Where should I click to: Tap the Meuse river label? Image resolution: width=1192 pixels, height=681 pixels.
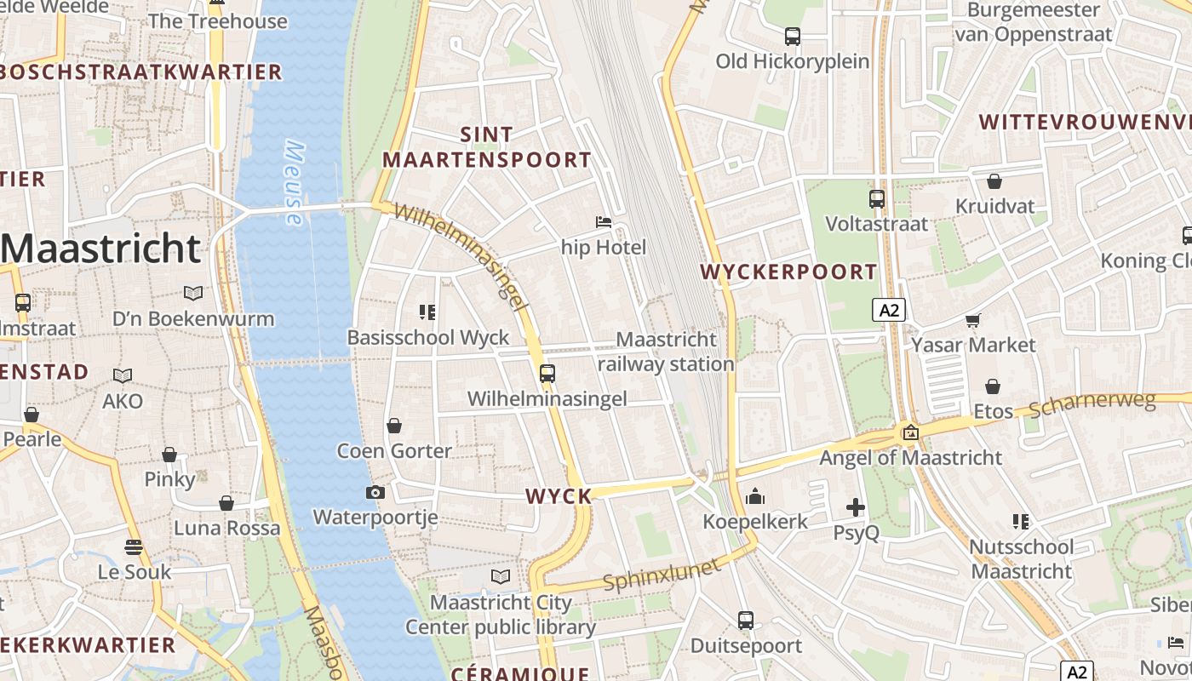click(293, 183)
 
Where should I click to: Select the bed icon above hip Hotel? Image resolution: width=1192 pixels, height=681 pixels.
click(604, 222)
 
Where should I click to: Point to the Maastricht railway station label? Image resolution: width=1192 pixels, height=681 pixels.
click(665, 352)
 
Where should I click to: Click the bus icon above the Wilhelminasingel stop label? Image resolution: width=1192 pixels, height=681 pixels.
click(547, 373)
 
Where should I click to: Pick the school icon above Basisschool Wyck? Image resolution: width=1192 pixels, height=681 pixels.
click(427, 312)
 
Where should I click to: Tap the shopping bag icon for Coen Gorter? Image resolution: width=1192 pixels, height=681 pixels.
click(394, 425)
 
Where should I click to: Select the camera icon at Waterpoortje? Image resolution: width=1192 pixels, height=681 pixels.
click(375, 492)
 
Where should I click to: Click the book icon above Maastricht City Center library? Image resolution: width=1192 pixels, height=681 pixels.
click(501, 577)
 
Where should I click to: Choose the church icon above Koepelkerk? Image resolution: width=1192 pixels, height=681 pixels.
click(754, 496)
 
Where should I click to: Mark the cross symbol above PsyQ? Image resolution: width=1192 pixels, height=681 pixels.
click(856, 508)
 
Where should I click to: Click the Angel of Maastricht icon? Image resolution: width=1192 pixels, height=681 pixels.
click(910, 432)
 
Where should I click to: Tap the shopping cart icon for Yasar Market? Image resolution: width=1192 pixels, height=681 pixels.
click(973, 320)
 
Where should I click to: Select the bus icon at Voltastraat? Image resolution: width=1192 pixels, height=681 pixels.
click(877, 198)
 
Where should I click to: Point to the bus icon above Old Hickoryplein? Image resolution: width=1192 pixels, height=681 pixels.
click(793, 37)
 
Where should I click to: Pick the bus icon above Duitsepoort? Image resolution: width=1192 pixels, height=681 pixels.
click(746, 621)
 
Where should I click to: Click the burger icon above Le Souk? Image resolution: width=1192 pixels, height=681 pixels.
click(134, 547)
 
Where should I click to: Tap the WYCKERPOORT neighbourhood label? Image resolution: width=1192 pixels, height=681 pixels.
click(788, 272)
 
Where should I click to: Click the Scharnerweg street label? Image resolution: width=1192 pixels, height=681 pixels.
click(1092, 405)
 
